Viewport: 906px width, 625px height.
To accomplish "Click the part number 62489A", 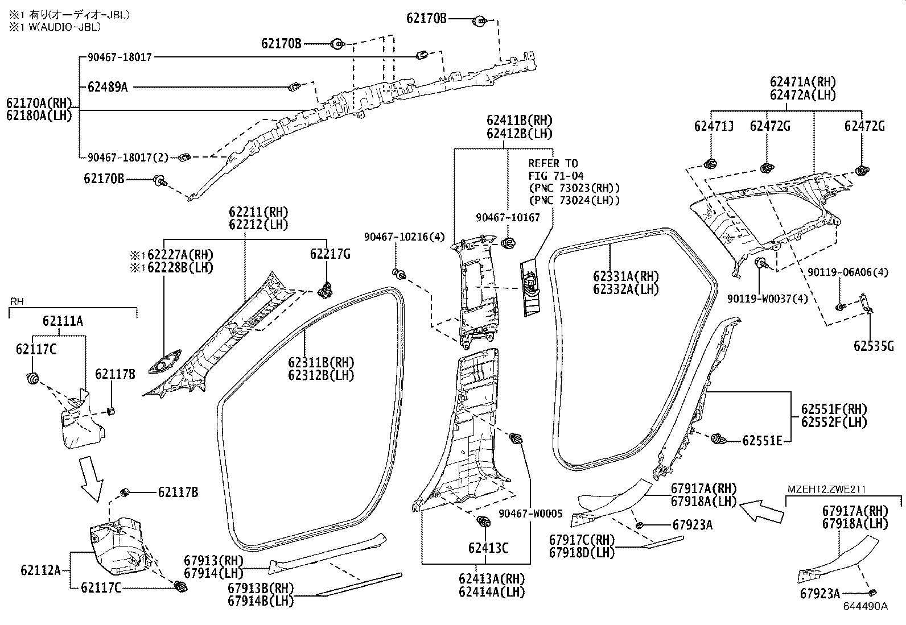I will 108,87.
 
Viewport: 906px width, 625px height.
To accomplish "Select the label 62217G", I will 330,254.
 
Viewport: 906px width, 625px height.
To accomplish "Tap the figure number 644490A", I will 866,606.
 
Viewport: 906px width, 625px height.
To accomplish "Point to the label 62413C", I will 488,548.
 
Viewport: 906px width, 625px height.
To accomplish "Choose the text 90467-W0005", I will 530,514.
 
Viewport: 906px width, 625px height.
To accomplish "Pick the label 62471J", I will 714,126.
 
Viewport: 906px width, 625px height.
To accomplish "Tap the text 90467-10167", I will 508,218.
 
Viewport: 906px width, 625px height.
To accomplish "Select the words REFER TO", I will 553,164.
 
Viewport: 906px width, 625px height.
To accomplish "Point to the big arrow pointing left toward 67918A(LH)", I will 764,510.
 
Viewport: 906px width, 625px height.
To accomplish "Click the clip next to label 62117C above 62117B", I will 32,378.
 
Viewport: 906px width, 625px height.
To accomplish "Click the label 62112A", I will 40,569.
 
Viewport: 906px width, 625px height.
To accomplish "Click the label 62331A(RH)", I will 625,277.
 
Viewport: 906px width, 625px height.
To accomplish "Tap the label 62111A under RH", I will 63,321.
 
